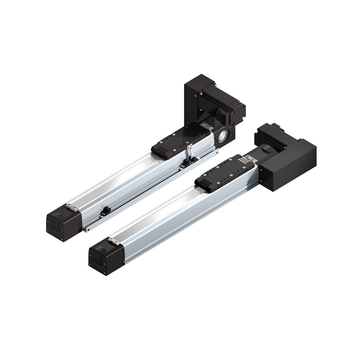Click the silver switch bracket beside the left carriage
coord(190,154)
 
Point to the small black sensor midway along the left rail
coord(106,210)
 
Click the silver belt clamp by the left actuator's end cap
coord(72,207)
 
